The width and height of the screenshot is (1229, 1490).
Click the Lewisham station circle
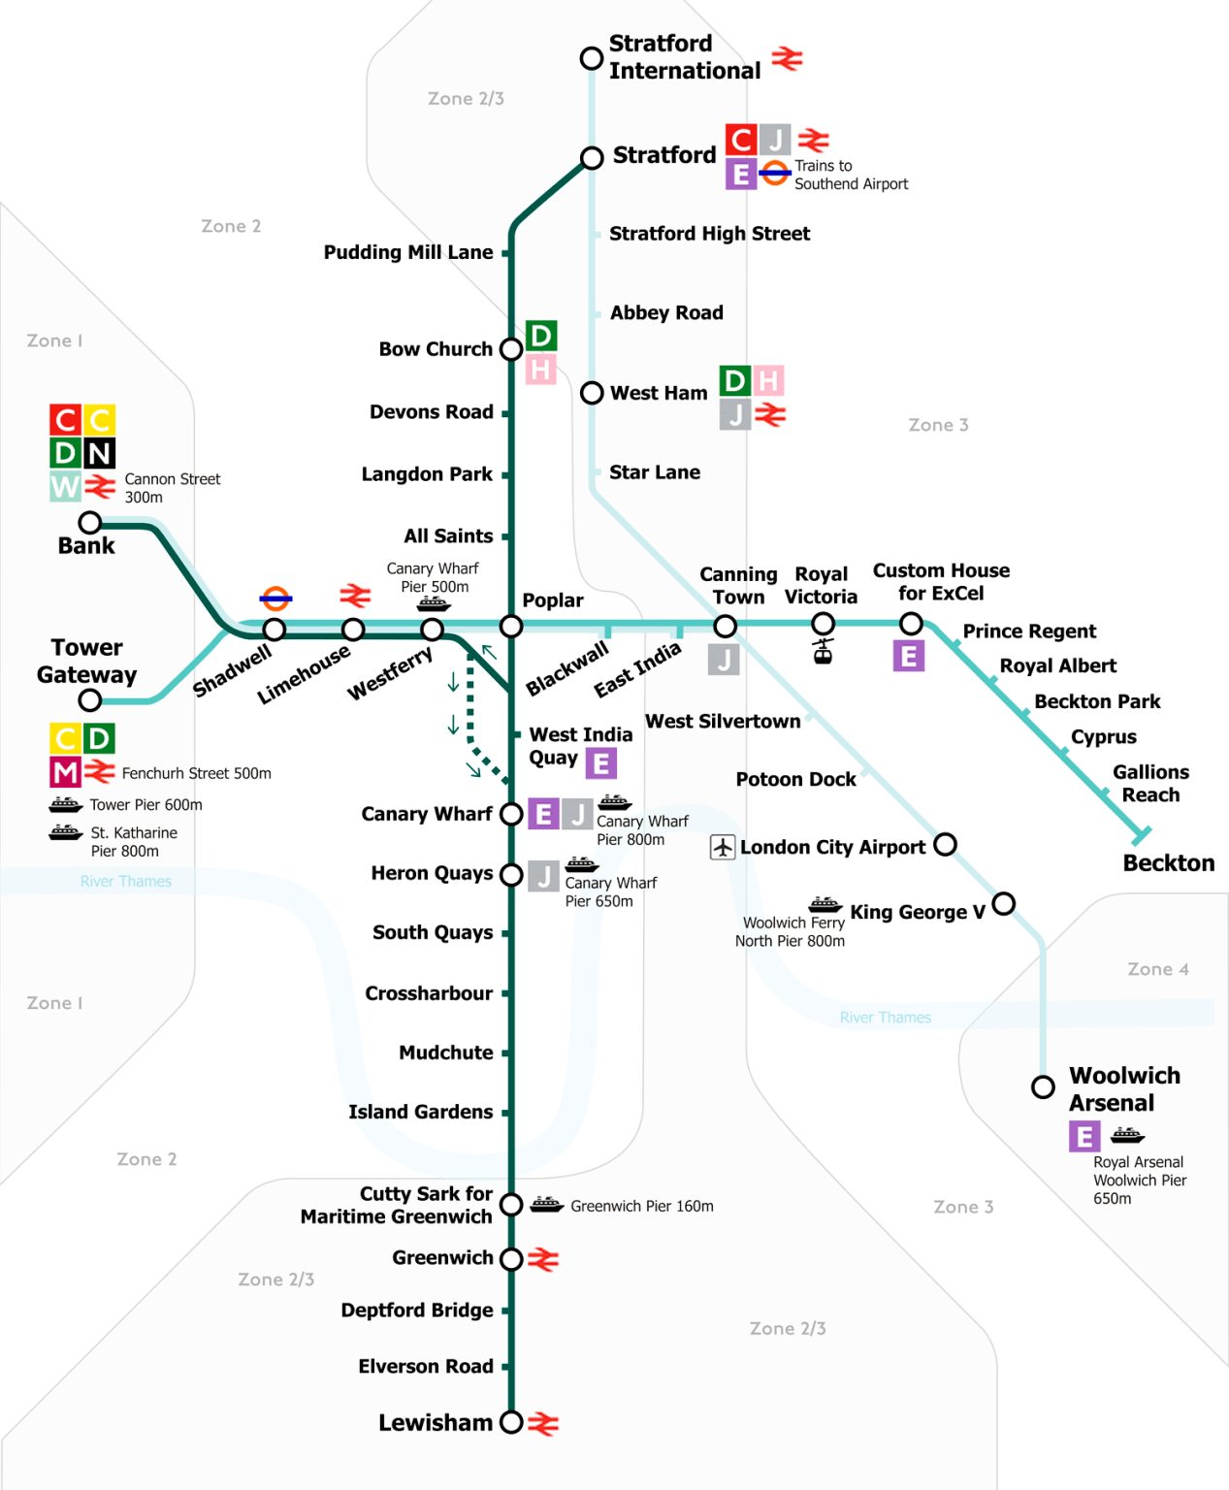coord(511,1422)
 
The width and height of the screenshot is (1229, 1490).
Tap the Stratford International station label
coord(684,57)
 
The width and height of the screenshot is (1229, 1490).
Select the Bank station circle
coord(90,523)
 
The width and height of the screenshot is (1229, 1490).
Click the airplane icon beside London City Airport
coord(723,847)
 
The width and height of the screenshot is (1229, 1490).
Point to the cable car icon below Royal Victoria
coord(823,650)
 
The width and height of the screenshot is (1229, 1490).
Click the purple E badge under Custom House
coord(909,657)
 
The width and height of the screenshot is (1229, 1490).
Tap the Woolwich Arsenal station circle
coord(1043,1086)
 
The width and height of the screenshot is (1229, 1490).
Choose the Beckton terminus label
coord(1168,863)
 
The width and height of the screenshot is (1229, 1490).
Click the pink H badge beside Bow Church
coord(540,370)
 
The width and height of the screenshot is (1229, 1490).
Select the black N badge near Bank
coord(99,453)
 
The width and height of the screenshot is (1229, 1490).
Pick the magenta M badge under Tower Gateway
coord(65,772)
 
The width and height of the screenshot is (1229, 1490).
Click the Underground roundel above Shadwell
coord(275,599)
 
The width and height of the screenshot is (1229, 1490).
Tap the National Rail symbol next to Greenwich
coord(543,1259)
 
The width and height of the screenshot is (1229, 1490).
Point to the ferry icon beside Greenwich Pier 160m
coord(546,1205)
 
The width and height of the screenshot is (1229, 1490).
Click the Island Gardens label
coord(420,1112)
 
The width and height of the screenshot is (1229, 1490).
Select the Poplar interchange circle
coord(511,626)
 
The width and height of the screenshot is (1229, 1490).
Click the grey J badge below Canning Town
coord(724,660)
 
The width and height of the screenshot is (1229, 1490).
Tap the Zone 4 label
coord(1157,969)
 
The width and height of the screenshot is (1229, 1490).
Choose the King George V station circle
coord(1003,904)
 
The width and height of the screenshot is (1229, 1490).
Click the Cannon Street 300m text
coord(172,488)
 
